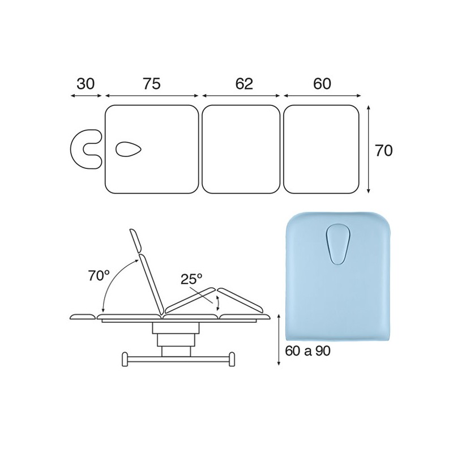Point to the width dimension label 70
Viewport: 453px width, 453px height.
click(384, 150)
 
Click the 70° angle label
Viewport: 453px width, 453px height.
click(99, 276)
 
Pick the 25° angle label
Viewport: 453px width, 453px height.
click(192, 279)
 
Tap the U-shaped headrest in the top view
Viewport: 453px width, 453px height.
click(85, 149)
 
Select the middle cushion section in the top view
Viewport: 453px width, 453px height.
click(241, 149)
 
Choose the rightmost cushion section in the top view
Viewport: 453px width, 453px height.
click(322, 149)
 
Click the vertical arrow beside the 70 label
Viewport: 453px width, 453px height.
click(369, 149)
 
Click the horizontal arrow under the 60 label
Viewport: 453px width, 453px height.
click(322, 96)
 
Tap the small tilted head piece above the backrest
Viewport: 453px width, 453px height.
click(135, 240)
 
